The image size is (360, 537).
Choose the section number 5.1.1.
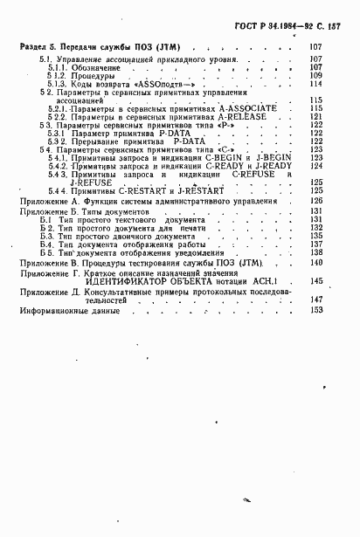(x=60, y=67)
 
